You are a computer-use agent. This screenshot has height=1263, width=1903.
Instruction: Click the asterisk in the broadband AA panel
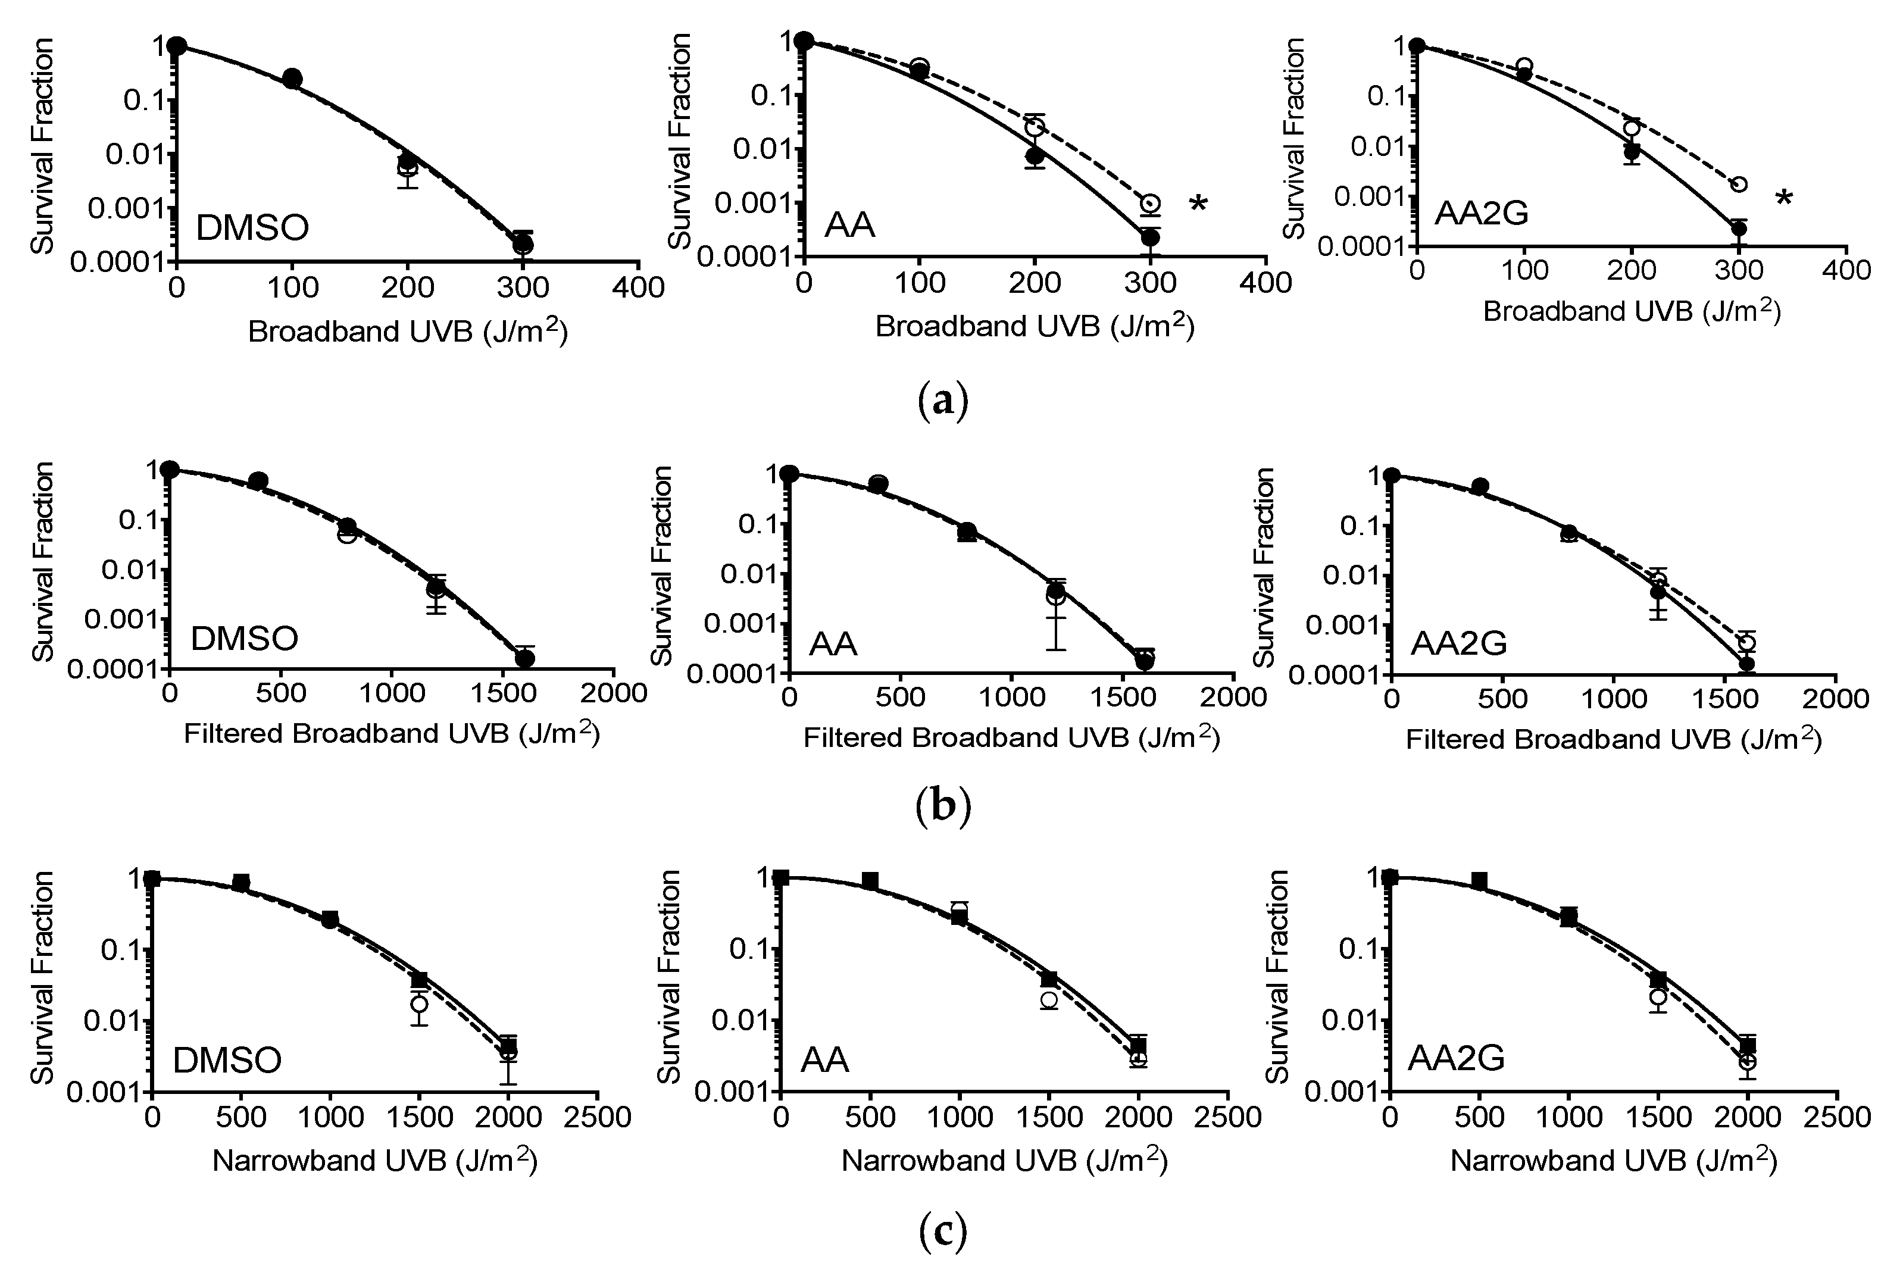click(1198, 205)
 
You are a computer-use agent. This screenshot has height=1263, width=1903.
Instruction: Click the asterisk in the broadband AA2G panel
click(1785, 198)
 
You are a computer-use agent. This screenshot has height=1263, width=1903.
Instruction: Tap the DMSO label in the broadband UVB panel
click(252, 229)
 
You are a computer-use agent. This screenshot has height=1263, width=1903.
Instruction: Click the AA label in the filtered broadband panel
click(833, 645)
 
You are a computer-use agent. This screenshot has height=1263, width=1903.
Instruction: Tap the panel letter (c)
click(942, 1231)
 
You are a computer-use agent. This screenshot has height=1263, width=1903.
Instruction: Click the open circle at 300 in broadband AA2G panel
click(1739, 185)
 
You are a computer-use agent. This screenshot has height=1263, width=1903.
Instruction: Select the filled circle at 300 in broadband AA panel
click(1150, 237)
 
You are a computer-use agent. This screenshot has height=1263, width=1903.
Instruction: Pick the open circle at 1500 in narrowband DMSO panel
click(419, 1003)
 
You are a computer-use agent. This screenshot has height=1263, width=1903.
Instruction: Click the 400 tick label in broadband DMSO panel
click(638, 287)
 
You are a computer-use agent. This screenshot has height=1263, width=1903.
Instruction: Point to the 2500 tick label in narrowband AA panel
click(1227, 1117)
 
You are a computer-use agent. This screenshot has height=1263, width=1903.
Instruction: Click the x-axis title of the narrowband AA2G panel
click(1613, 1161)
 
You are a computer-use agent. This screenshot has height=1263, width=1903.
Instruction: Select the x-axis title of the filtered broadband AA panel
click(1011, 738)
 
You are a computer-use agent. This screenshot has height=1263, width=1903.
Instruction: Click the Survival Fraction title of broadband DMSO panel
click(43, 146)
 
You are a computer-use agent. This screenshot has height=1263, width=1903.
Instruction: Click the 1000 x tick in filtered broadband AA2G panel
click(1613, 698)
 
